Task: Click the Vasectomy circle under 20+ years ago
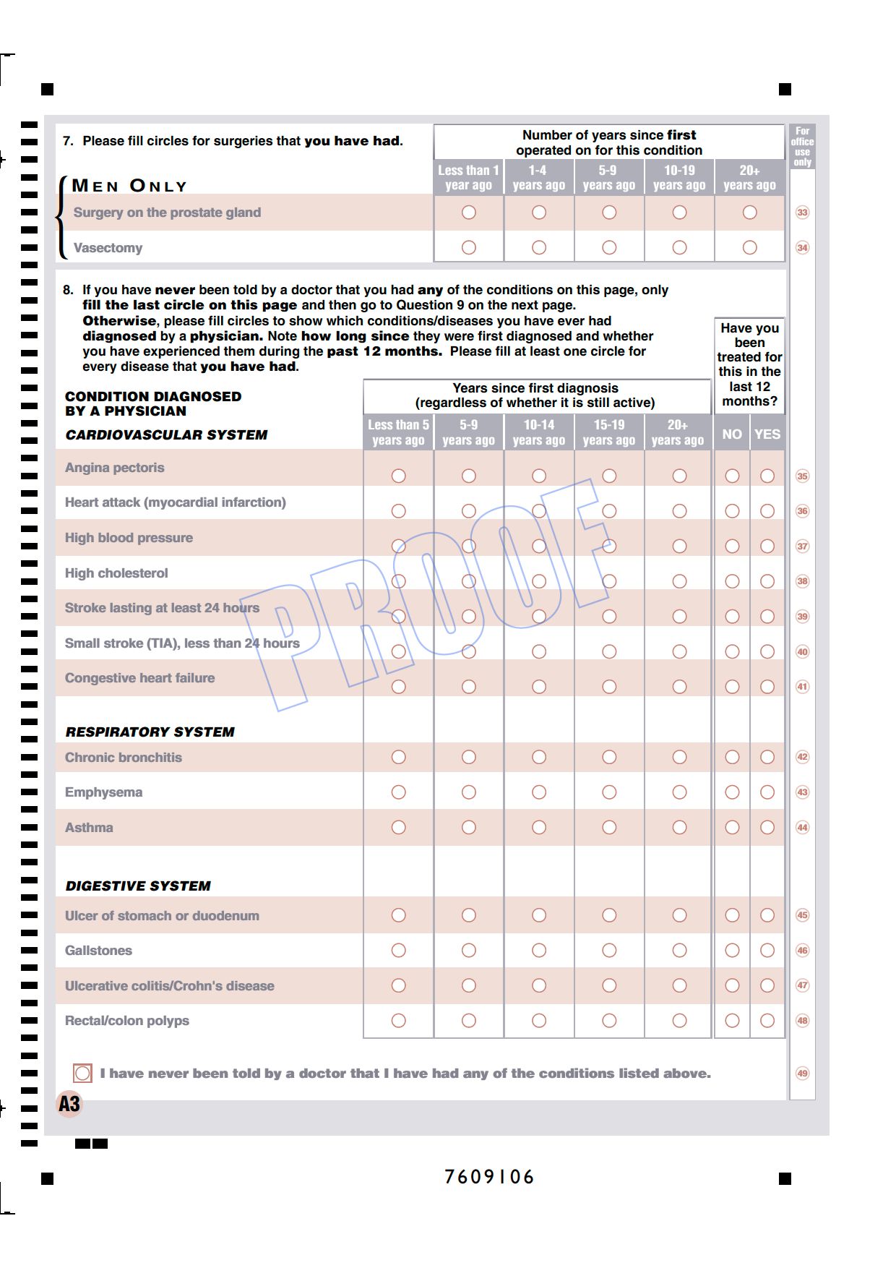coord(749,247)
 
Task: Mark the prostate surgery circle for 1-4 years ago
coord(538,212)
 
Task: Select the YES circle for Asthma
coord(767,827)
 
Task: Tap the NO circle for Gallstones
coord(732,950)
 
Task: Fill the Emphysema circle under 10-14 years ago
coord(538,792)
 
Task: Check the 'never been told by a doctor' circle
coord(82,1073)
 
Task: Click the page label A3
coord(69,1104)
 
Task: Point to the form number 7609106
coord(489,1177)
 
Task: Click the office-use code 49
coord(802,1073)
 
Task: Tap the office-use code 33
coord(802,213)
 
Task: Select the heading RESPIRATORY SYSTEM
coord(150,732)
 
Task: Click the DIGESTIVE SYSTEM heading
coord(138,886)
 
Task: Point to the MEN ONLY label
coord(129,186)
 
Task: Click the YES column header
coord(767,434)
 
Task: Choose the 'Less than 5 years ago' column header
coord(398,432)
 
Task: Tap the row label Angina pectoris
coord(115,468)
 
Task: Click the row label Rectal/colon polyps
coord(127,1021)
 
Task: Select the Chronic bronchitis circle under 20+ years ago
coord(679,757)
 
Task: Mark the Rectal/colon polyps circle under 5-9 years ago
coord(468,1021)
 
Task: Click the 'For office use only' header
coord(802,147)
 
